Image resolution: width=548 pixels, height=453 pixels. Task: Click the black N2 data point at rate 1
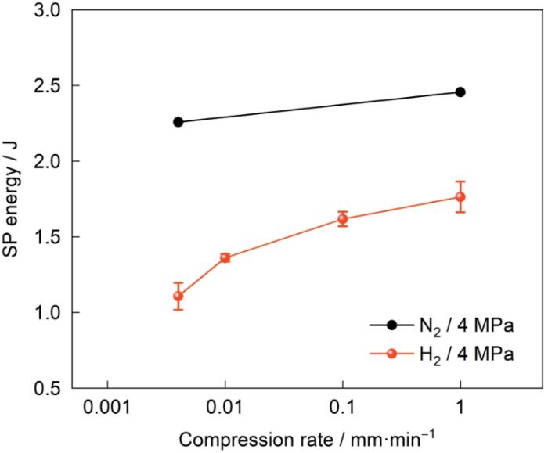[460, 92]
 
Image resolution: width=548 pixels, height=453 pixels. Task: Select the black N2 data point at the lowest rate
[178, 122]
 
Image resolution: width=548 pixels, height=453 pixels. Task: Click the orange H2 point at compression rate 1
[460, 197]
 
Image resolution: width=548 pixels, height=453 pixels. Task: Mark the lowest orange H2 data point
[178, 296]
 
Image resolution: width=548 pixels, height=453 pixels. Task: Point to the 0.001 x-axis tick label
[107, 410]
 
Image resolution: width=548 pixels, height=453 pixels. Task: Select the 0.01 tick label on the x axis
[225, 410]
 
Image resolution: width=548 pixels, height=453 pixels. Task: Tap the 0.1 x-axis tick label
[343, 410]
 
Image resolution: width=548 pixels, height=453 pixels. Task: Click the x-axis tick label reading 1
[460, 410]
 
